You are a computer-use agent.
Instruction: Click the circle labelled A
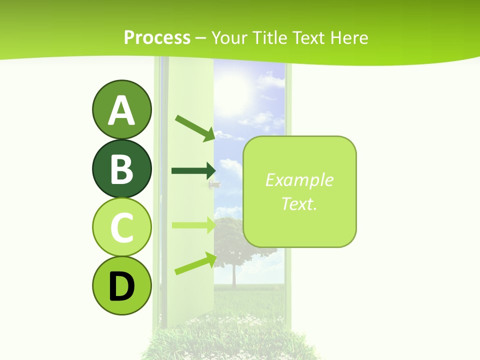pos(121,110)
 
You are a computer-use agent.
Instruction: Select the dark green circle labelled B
pos(121,168)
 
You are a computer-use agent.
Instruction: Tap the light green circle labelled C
pos(121,227)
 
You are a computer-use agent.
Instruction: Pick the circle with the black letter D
pos(121,286)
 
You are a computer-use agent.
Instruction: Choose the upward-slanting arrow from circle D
pos(195,263)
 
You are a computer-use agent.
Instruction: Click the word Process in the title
pos(157,37)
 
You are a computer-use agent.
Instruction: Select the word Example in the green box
pos(299,180)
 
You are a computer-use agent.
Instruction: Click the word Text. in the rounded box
pos(299,203)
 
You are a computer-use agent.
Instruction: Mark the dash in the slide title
pos(200,38)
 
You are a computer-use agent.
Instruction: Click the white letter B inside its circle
pos(121,168)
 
